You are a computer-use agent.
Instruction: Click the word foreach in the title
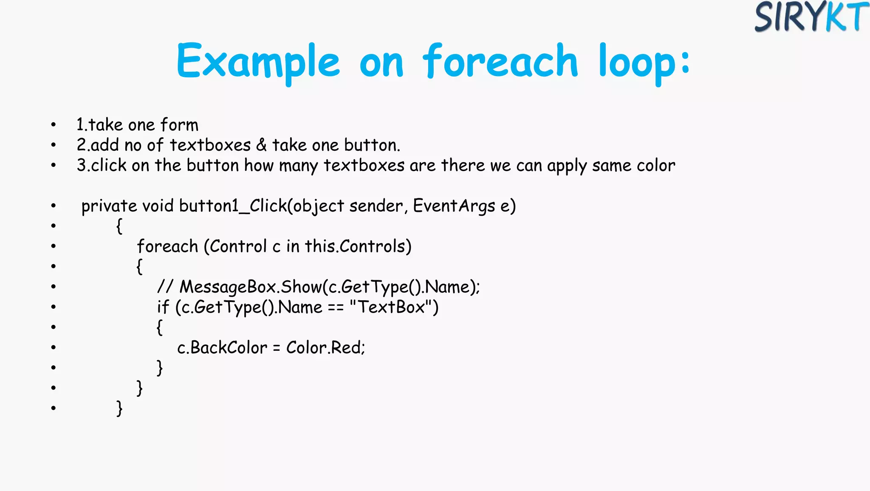[500, 62]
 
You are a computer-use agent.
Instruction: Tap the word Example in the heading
[258, 62]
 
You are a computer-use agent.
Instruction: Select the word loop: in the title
[644, 62]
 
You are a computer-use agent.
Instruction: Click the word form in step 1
[179, 125]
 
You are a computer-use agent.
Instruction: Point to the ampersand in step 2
[261, 145]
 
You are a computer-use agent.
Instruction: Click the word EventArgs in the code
[454, 206]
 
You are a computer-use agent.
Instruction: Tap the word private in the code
[109, 206]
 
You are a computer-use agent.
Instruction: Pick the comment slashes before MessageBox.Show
[165, 287]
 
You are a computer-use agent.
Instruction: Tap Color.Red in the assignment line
[325, 348]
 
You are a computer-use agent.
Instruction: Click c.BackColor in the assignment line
[222, 348]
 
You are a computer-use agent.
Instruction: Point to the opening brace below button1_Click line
[119, 226]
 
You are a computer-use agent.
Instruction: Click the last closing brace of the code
[119, 408]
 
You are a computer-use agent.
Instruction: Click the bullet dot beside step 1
[53, 125]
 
